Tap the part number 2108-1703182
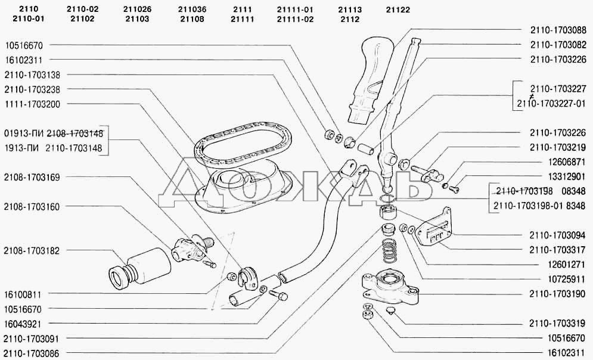click(32, 250)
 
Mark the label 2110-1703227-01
click(552, 103)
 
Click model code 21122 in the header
click(398, 10)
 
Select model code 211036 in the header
click(191, 10)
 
